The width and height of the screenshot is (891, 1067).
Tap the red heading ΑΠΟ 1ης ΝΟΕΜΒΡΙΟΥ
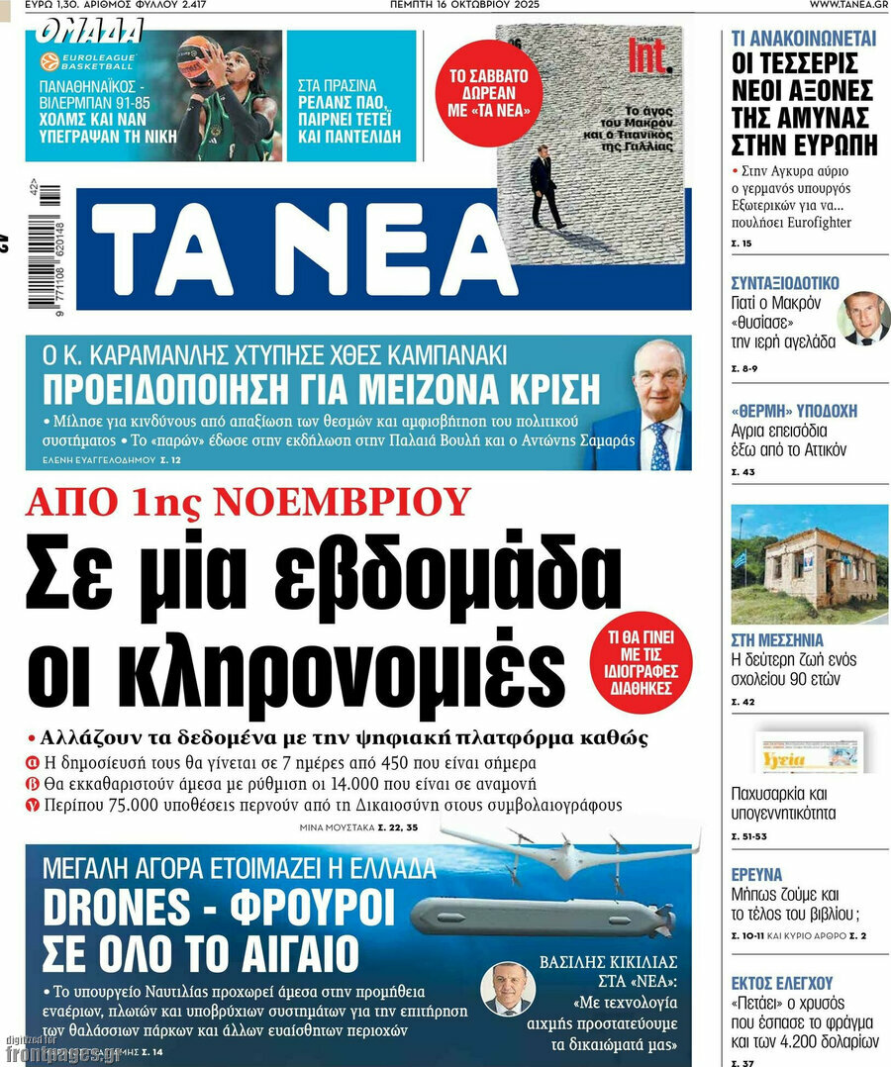coord(247,502)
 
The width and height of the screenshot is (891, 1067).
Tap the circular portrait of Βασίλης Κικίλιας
coord(507,988)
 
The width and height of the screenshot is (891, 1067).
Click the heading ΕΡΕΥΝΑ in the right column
coord(756,874)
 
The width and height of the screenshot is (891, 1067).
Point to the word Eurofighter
coord(801,223)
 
